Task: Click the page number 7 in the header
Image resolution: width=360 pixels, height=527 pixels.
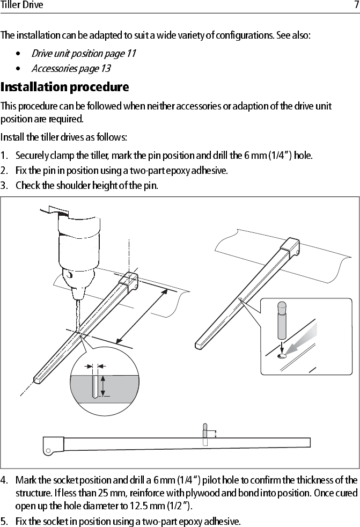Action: pyautogui.click(x=355, y=5)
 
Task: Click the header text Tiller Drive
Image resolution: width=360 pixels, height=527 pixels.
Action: pyautogui.click(x=22, y=5)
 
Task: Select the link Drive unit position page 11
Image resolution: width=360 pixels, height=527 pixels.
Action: pyautogui.click(x=83, y=53)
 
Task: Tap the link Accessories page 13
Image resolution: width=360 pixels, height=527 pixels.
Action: pyautogui.click(x=71, y=68)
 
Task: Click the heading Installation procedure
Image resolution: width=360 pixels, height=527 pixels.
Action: pyautogui.click(x=64, y=87)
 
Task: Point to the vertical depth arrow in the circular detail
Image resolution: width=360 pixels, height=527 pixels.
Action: pyautogui.click(x=103, y=385)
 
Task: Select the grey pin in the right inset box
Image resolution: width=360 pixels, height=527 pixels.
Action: pyautogui.click(x=282, y=321)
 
